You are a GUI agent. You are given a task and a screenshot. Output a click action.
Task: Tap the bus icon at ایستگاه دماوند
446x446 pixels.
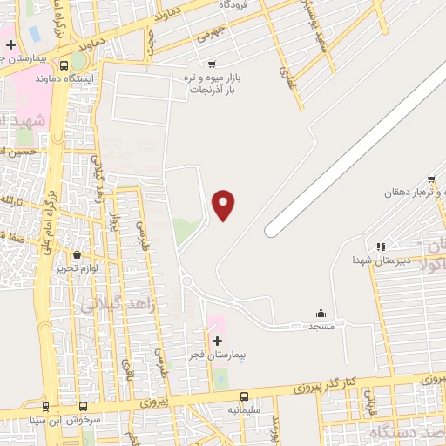[64, 65]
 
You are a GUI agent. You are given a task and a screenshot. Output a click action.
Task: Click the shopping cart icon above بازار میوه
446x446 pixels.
[212, 64]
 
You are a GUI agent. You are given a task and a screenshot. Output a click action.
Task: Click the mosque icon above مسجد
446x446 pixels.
[321, 313]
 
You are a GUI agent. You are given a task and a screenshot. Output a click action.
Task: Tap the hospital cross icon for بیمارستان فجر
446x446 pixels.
[217, 339]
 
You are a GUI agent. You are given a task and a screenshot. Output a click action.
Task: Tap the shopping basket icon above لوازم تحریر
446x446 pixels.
[79, 255]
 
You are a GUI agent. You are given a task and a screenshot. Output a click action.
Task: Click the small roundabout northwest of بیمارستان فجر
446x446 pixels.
[187, 280]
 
